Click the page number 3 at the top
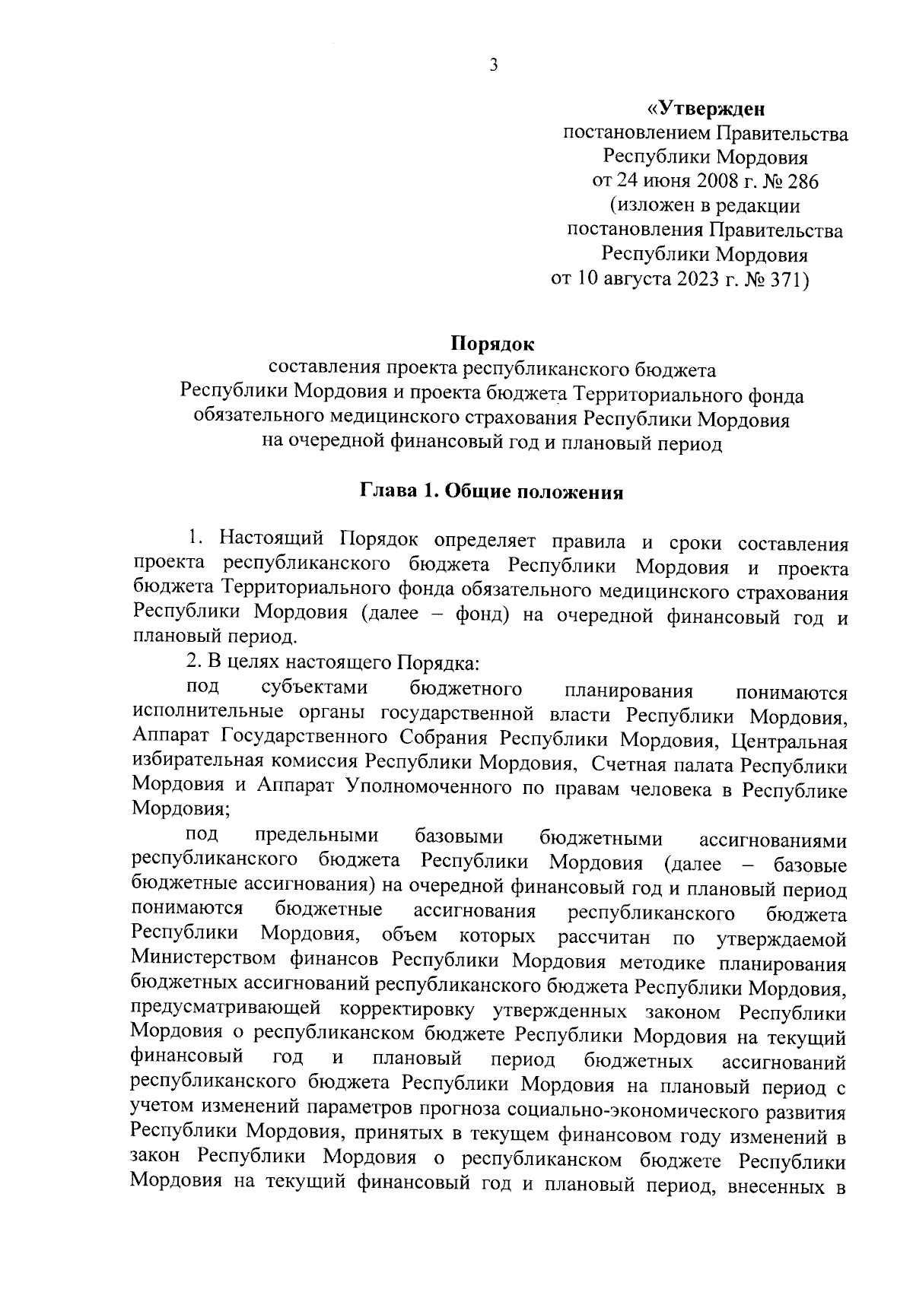pyautogui.click(x=493, y=66)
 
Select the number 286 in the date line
pyautogui.click(x=803, y=182)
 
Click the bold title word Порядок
pyautogui.click(x=492, y=344)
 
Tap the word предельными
pyautogui.click(x=317, y=837)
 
